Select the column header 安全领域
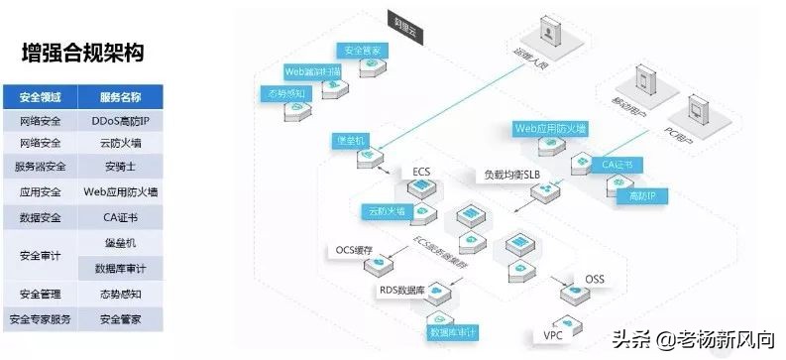click(41, 97)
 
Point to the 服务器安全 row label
click(41, 167)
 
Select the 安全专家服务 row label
click(41, 319)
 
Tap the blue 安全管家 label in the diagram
click(364, 51)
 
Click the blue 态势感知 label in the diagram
click(284, 94)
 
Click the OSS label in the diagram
click(594, 279)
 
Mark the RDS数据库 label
click(402, 291)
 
